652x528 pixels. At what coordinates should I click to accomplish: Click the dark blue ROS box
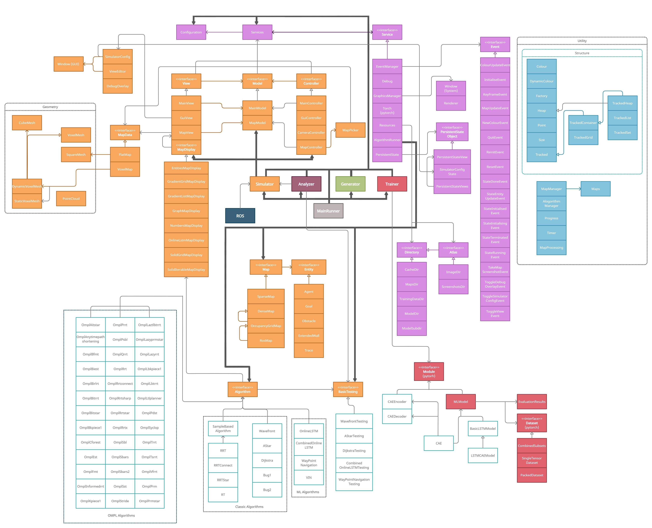point(240,216)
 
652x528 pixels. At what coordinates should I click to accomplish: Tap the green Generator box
point(350,184)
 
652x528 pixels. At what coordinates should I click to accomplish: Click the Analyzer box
point(306,184)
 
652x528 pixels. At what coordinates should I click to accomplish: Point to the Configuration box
point(191,32)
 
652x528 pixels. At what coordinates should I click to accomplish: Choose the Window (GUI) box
point(68,64)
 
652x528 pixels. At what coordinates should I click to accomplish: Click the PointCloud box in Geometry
point(71,199)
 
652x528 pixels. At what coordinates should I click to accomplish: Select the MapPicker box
point(350,130)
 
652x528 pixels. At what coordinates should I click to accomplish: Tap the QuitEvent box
point(495,137)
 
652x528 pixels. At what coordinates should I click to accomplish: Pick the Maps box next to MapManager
point(595,189)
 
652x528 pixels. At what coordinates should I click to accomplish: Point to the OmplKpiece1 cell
point(90,501)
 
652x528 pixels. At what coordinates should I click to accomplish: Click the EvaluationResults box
point(532,402)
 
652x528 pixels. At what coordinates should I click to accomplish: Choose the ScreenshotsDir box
point(453,287)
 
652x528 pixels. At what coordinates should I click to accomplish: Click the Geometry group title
point(50,107)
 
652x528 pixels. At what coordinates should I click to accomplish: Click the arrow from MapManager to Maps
point(573,189)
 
